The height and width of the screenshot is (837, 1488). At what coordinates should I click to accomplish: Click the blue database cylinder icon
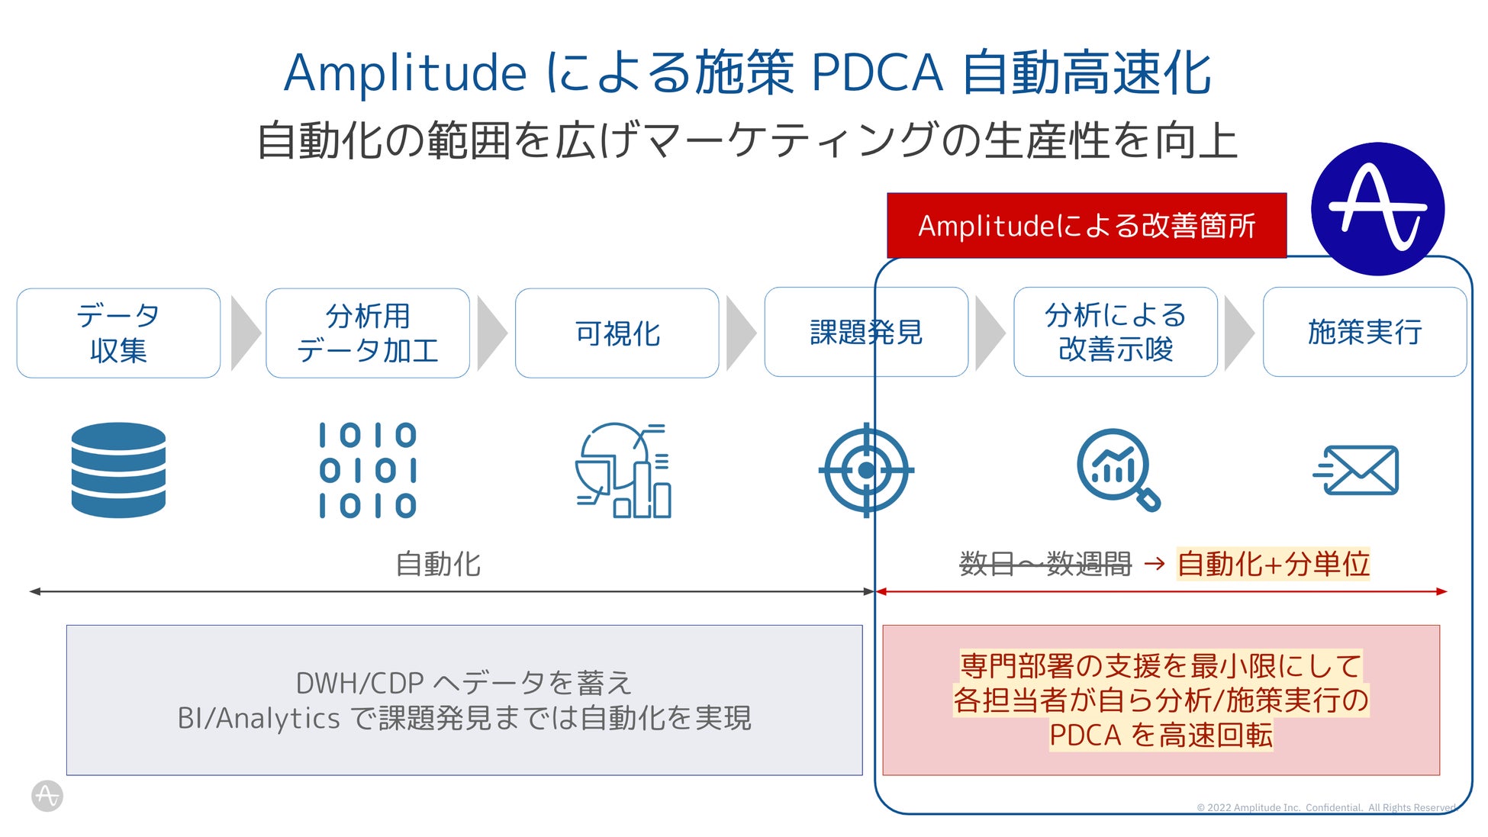[118, 470]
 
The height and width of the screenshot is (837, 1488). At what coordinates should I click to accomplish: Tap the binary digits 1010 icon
[368, 470]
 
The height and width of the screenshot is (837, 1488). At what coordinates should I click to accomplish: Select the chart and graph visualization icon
[623, 470]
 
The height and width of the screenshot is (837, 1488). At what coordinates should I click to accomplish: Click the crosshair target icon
[866, 470]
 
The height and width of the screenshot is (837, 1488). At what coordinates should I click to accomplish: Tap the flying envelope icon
[1357, 470]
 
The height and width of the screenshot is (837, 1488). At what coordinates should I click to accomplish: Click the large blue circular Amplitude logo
[1377, 208]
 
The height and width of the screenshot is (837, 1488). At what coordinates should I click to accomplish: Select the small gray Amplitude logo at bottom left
[47, 796]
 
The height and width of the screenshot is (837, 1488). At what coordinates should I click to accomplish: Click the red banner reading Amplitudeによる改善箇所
[1087, 226]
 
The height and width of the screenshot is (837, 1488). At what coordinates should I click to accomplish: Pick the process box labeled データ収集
[118, 333]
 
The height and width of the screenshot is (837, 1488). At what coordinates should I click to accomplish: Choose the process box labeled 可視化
[617, 333]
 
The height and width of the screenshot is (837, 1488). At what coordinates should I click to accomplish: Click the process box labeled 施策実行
[1364, 332]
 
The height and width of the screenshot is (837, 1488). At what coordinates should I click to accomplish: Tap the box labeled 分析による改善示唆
[1115, 332]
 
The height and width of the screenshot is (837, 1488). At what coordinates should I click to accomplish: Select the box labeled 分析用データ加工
[368, 333]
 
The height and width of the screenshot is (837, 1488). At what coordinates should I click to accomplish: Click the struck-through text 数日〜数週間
[1045, 564]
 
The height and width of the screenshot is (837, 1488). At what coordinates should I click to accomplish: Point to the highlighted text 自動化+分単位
[1273, 564]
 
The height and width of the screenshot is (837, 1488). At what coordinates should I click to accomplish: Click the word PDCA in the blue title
[877, 73]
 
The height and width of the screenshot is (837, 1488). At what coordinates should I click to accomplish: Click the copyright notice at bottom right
[1325, 807]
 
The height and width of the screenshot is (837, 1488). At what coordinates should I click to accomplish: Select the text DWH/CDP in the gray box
[359, 683]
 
